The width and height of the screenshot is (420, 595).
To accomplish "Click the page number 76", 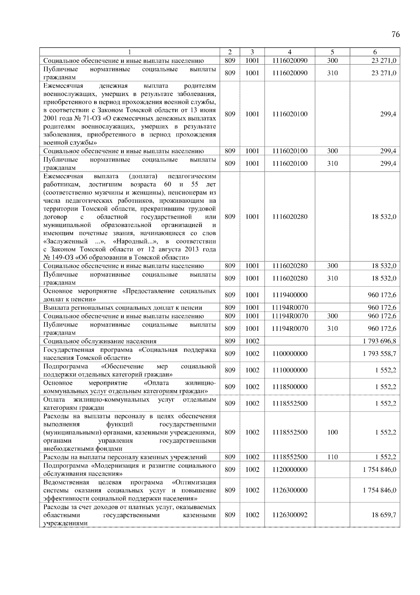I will (x=395, y=34).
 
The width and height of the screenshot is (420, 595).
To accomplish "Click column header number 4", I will (x=290, y=52).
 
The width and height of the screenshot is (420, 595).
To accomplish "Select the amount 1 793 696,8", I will (x=379, y=341).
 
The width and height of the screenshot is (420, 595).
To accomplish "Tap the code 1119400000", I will (x=290, y=295).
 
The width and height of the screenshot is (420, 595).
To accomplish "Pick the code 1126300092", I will (x=290, y=515).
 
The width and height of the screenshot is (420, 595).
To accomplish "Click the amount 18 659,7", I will (x=384, y=515).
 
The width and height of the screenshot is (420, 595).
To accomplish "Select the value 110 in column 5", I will (x=332, y=457).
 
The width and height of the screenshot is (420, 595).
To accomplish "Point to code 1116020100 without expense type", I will (x=290, y=114).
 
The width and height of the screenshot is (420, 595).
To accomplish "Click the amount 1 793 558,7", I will (x=379, y=354).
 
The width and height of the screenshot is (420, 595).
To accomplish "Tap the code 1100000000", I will (x=290, y=354).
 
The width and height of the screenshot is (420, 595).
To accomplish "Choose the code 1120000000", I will (x=290, y=470).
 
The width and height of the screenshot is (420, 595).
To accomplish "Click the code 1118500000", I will (x=290, y=387).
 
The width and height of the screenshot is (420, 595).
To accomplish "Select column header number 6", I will (x=375, y=52).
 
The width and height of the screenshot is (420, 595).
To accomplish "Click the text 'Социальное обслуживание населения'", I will (x=100, y=341).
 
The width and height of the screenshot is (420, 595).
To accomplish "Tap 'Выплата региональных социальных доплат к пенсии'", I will (x=123, y=308).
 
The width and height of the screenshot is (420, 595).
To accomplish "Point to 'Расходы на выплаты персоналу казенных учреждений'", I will (x=125, y=457).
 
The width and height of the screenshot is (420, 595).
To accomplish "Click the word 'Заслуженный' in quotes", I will (x=66, y=242).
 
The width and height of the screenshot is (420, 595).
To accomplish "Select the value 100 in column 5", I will (x=332, y=432).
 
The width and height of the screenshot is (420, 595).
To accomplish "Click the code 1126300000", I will (x=290, y=490).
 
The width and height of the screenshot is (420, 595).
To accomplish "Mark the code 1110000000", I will (x=290, y=370).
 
